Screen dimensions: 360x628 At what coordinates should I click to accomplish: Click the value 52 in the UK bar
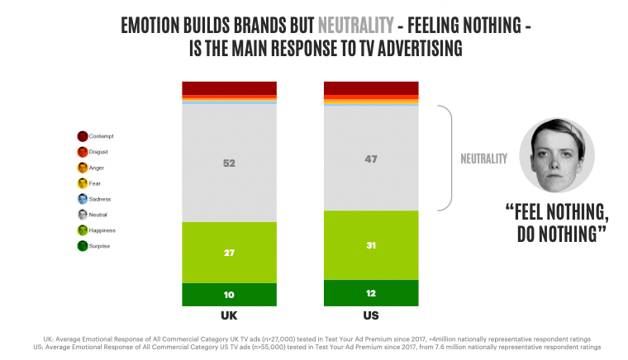(x=229, y=163)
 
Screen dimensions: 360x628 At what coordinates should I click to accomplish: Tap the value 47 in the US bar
(x=371, y=159)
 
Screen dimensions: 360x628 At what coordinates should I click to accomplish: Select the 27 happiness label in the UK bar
(x=229, y=253)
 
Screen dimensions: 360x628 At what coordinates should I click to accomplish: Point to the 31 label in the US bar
(x=371, y=245)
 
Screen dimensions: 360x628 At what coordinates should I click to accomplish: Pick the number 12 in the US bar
(x=371, y=293)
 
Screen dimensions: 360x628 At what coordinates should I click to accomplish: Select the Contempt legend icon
(x=83, y=136)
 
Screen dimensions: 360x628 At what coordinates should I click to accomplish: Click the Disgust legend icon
(x=83, y=152)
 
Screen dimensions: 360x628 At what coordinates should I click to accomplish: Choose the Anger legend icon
(x=83, y=168)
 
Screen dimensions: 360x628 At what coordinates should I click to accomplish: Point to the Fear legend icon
(x=83, y=183)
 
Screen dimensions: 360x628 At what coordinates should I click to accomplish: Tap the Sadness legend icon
(x=83, y=199)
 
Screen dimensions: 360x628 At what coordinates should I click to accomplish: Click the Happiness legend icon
(x=83, y=230)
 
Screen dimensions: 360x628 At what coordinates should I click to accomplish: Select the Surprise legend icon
(x=83, y=246)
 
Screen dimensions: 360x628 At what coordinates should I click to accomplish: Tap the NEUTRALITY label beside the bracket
(x=483, y=159)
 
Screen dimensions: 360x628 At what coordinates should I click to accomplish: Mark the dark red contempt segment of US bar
(x=371, y=88)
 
